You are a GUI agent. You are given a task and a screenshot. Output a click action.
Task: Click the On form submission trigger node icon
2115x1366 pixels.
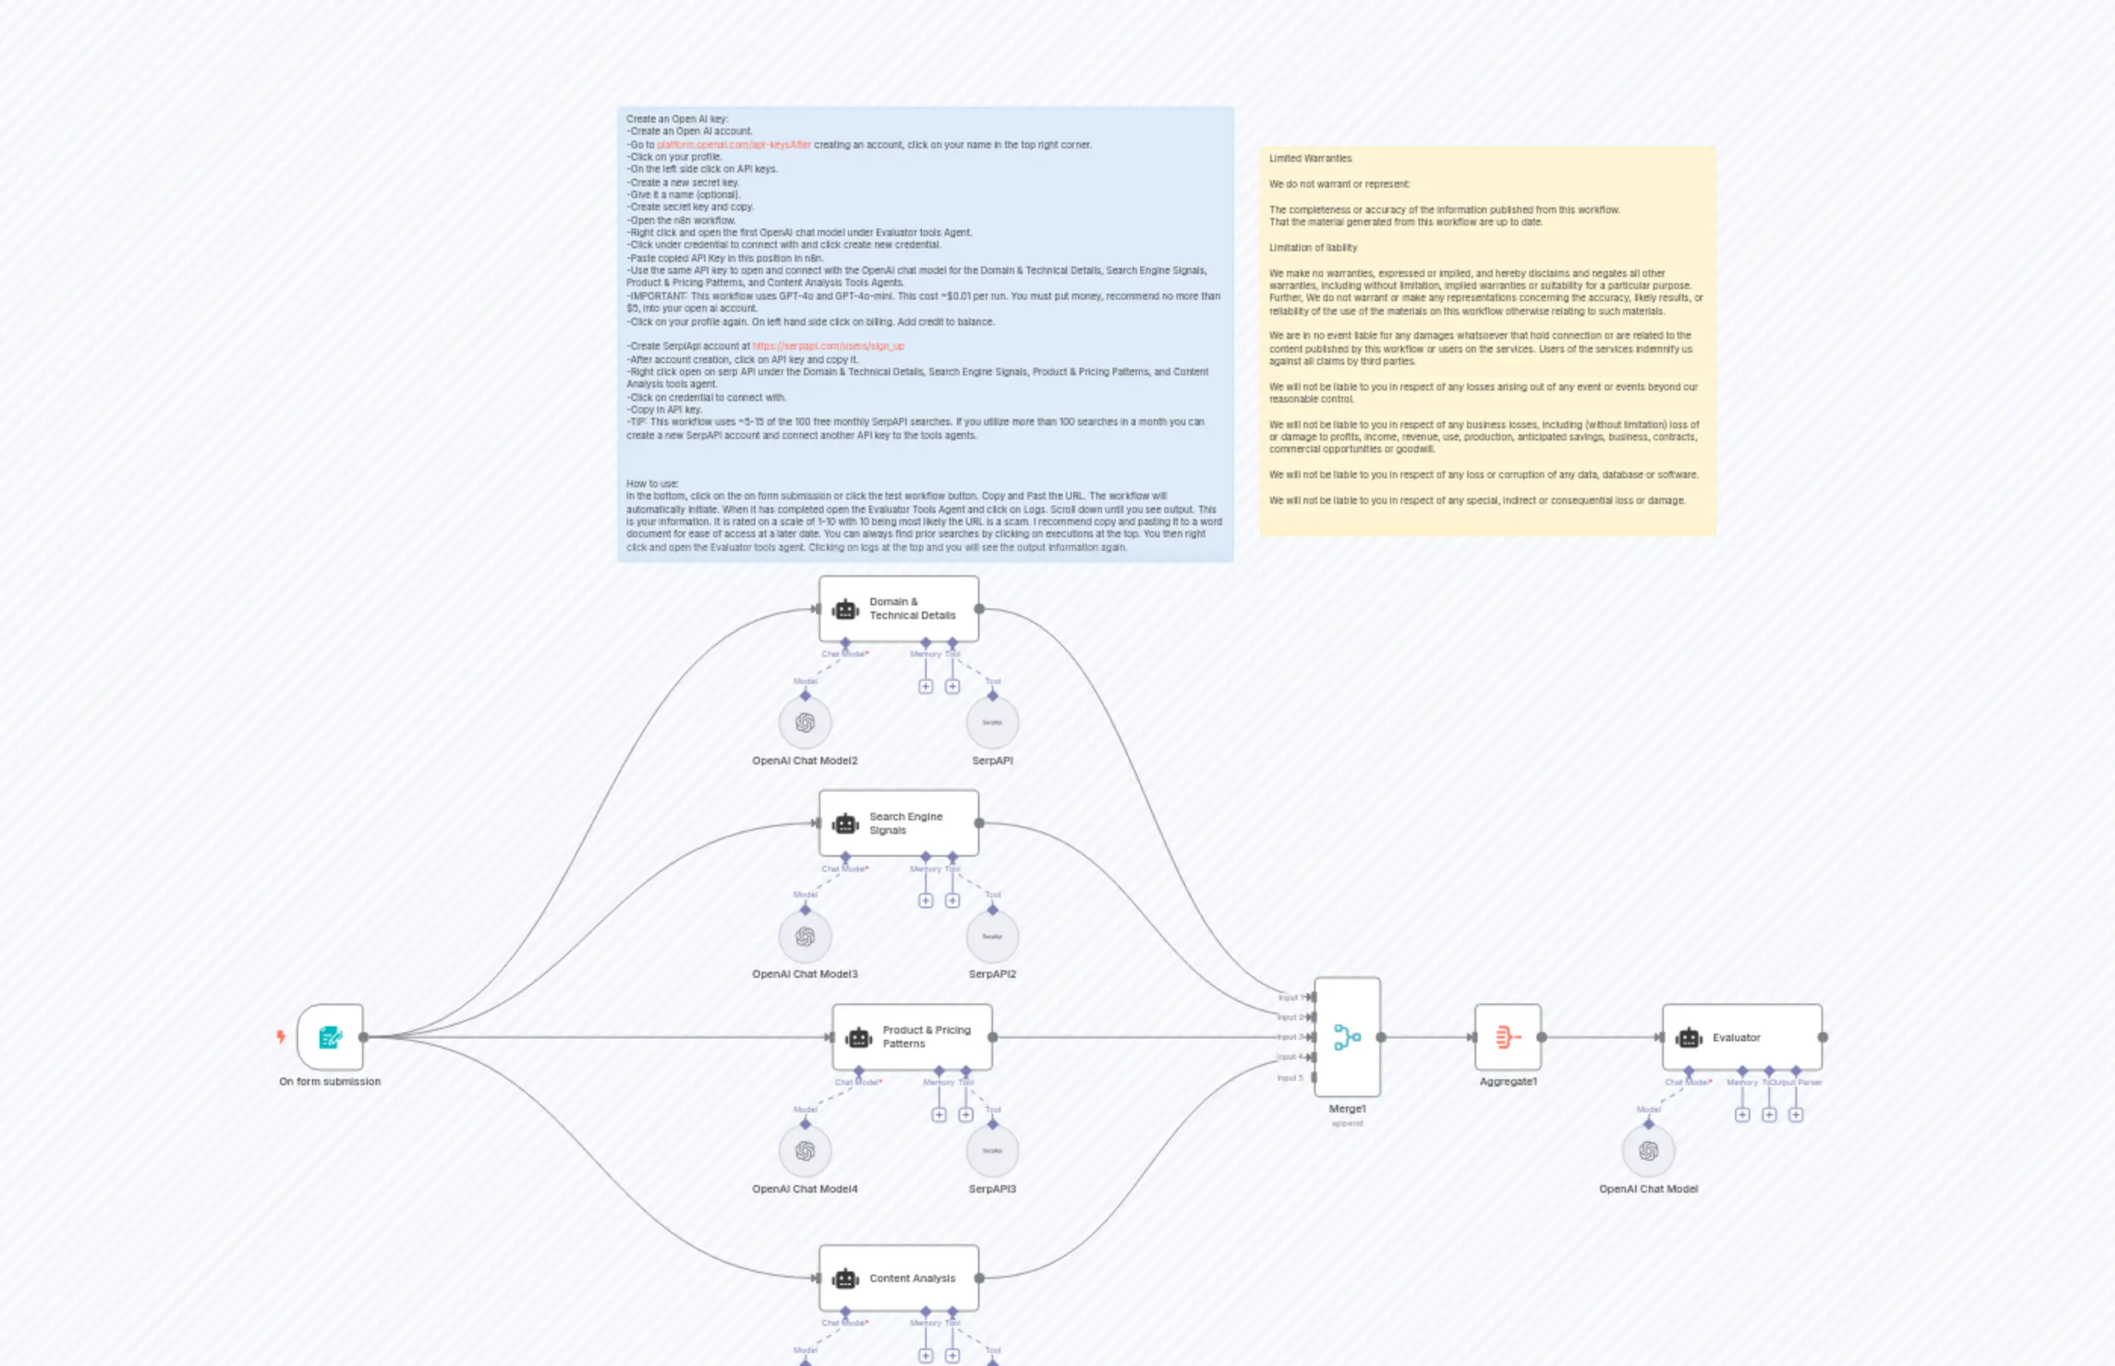click(x=330, y=1037)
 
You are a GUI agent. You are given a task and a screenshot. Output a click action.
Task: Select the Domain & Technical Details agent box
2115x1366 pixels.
click(x=898, y=608)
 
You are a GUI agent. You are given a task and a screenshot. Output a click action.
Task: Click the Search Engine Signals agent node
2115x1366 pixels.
click(x=898, y=823)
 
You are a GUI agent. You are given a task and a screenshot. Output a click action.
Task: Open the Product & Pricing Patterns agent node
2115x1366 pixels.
click(x=912, y=1037)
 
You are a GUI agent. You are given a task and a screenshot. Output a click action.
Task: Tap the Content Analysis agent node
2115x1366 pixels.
click(x=898, y=1278)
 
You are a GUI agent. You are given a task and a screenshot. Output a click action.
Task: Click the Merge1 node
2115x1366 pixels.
click(x=1347, y=1037)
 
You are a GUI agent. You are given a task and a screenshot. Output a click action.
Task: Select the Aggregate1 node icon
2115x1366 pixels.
click(x=1507, y=1037)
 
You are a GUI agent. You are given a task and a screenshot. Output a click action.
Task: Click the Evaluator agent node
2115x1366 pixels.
click(x=1742, y=1037)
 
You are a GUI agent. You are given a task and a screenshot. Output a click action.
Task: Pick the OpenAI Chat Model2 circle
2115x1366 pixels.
click(x=805, y=722)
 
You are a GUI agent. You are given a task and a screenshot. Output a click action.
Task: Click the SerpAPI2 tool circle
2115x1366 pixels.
click(x=992, y=937)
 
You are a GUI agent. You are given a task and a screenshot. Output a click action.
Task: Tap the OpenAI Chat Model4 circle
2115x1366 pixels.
click(x=805, y=1150)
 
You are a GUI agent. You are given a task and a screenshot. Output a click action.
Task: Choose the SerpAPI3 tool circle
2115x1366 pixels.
click(x=992, y=1150)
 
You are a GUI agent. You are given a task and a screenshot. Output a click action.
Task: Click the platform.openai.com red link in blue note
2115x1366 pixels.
click(x=733, y=145)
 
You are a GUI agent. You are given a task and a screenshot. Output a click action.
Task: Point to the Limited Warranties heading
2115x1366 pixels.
click(x=1310, y=159)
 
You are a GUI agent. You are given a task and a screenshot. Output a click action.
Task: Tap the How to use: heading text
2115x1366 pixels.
click(x=652, y=484)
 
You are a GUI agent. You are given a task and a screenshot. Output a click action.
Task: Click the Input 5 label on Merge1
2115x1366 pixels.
click(x=1290, y=1078)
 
